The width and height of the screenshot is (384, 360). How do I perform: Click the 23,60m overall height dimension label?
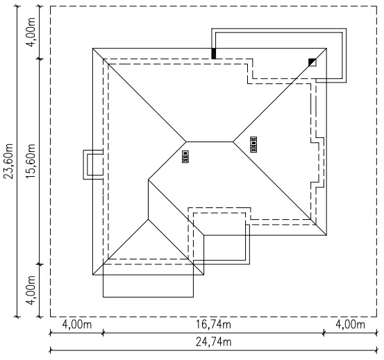point(9,161)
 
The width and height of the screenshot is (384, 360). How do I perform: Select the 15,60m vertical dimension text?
point(31,161)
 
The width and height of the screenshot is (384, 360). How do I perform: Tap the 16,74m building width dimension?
point(213,325)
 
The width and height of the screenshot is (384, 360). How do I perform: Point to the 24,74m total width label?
point(213,342)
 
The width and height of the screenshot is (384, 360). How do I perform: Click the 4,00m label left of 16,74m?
point(76,325)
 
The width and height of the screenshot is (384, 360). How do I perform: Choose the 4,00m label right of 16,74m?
point(350,325)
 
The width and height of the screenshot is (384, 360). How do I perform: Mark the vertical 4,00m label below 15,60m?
point(31,291)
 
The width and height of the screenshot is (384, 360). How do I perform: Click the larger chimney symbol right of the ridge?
point(253,144)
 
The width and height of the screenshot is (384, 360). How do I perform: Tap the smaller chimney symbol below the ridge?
point(185,157)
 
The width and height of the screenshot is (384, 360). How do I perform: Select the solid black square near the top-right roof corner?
point(312,62)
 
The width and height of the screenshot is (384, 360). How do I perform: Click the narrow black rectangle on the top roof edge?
point(214,53)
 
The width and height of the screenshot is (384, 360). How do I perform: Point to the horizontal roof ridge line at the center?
point(210,142)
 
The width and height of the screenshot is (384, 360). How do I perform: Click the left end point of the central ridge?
point(186,142)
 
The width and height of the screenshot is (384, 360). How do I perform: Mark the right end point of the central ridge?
point(233,142)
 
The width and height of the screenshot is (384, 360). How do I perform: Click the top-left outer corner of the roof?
point(93,49)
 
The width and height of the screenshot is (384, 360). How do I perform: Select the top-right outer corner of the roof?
point(326,49)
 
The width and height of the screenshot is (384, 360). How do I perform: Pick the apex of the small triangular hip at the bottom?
point(148,219)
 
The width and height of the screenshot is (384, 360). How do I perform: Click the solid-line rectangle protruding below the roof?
point(148,297)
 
